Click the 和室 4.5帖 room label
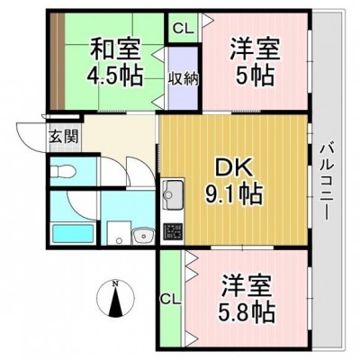[114, 61]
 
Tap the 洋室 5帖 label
[255, 61]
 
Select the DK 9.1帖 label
[234, 183]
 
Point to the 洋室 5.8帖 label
[247, 299]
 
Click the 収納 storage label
[183, 79]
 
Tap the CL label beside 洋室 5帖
[183, 29]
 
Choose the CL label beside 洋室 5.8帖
[170, 299]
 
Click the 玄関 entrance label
[64, 137]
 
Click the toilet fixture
[62, 172]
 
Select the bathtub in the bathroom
[73, 234]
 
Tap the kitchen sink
[173, 194]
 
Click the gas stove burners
[173, 231]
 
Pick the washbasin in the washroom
[143, 235]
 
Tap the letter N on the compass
[114, 283]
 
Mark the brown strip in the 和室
[57, 61]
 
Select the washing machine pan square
[120, 233]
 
